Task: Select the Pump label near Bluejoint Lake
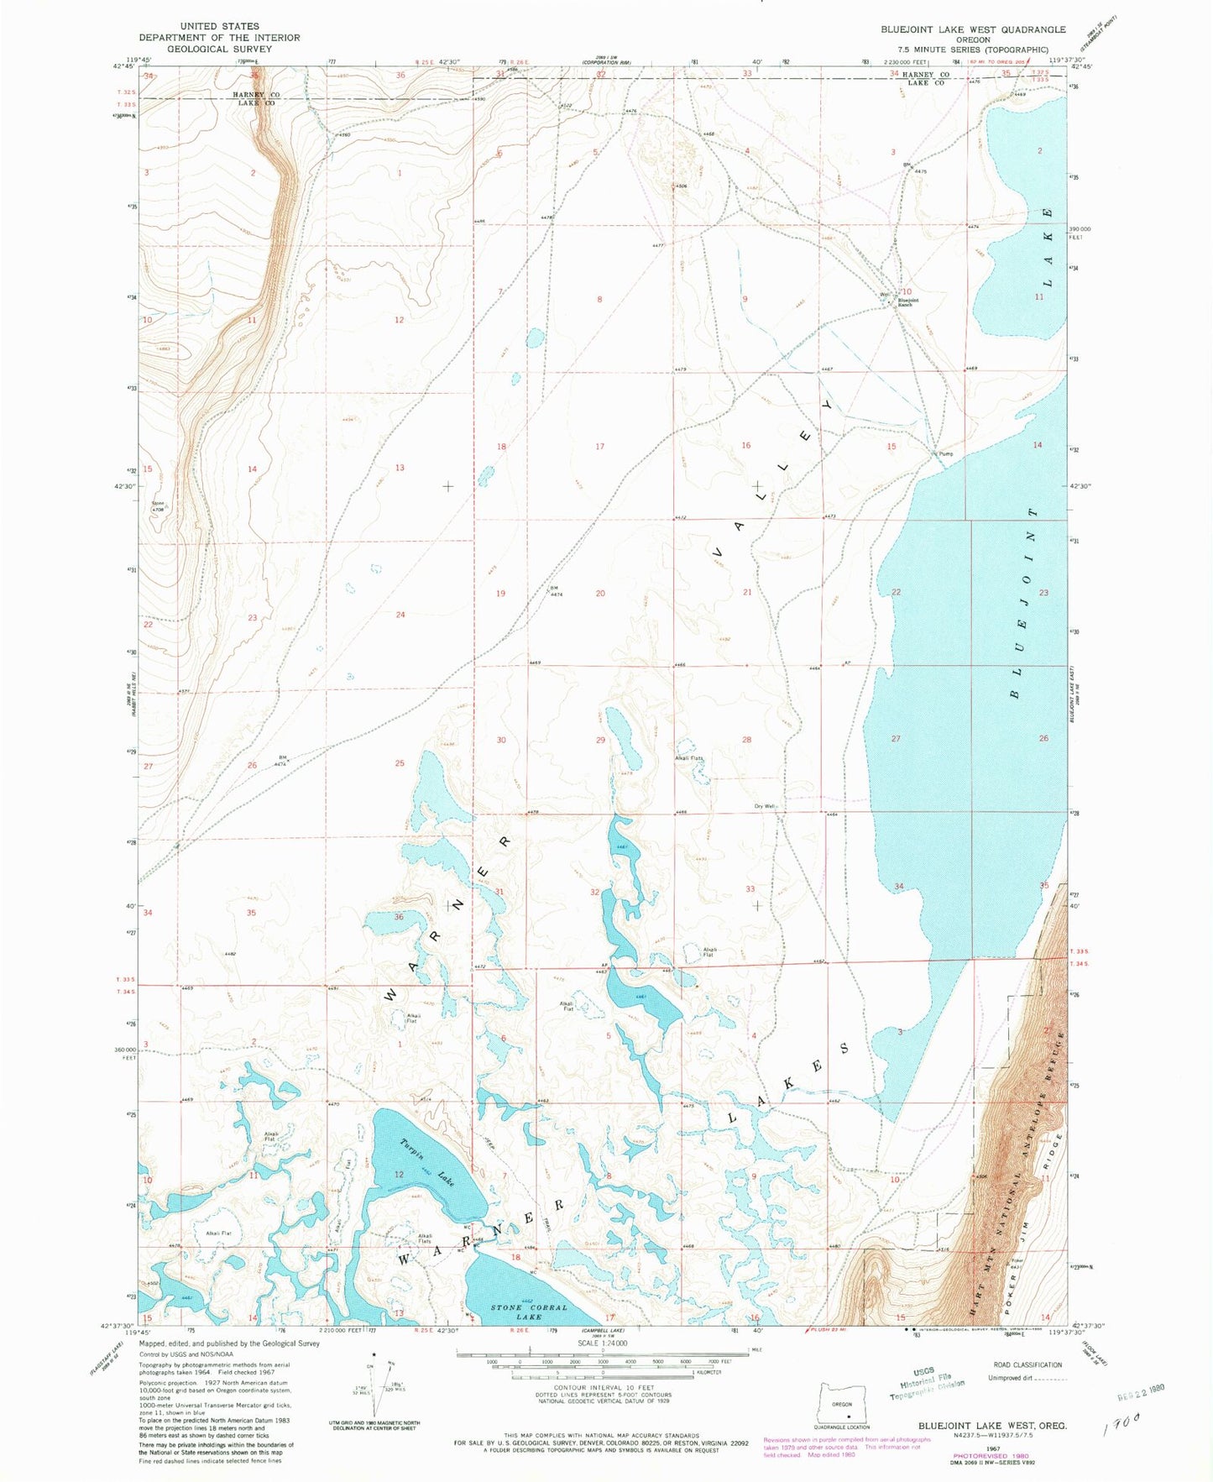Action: coord(946,453)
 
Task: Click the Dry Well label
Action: coord(763,806)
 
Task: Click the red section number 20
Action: coord(600,594)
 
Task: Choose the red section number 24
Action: coord(400,615)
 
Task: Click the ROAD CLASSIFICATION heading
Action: coord(1027,1364)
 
